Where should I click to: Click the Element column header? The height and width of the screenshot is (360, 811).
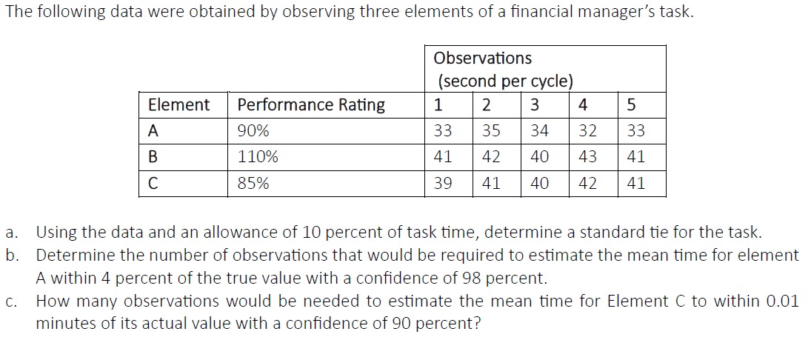click(x=178, y=104)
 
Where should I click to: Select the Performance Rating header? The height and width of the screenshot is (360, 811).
click(x=310, y=104)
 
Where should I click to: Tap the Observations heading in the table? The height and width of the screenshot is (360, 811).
click(x=482, y=58)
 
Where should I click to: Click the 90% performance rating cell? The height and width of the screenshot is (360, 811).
click(x=253, y=131)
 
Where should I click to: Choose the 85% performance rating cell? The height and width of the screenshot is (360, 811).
click(x=253, y=183)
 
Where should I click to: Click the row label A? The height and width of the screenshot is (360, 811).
click(x=153, y=131)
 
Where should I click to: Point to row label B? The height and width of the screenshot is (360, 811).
click(x=153, y=157)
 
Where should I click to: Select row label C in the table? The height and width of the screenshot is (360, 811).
click(x=153, y=183)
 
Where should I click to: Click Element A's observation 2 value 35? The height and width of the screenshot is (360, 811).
click(x=491, y=131)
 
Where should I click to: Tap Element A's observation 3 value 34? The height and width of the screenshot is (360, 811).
click(x=540, y=131)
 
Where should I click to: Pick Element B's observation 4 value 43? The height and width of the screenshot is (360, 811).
click(x=587, y=157)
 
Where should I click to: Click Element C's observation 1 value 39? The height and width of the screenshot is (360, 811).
click(x=443, y=183)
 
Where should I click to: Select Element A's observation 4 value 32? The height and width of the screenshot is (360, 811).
click(x=587, y=131)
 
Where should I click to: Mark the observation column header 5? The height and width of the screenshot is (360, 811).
click(x=631, y=104)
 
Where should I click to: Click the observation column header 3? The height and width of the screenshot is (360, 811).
click(x=535, y=104)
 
